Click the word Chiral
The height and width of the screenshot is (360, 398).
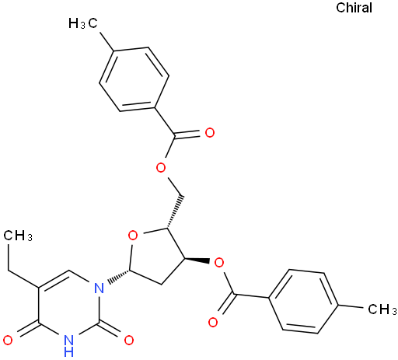[354, 8]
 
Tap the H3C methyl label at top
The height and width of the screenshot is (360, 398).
[83, 23]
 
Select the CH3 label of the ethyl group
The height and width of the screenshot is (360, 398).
[18, 236]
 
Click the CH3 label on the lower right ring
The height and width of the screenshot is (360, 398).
[382, 309]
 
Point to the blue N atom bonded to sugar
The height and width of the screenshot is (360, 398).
[99, 288]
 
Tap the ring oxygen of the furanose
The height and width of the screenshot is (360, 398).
[133, 236]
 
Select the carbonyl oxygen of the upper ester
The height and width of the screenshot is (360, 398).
[210, 133]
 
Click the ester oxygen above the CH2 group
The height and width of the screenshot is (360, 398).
[161, 168]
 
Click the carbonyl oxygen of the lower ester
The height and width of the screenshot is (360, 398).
[213, 323]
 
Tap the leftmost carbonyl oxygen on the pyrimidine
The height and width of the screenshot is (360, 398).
[8, 341]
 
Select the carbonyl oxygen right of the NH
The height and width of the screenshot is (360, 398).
[129, 341]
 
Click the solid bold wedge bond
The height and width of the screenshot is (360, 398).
[197, 260]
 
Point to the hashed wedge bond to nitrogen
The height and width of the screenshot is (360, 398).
[119, 276]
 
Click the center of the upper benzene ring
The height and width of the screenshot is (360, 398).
[134, 79]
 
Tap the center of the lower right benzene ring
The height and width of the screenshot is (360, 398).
[303, 302]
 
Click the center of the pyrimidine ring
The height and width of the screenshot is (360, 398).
[68, 306]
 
